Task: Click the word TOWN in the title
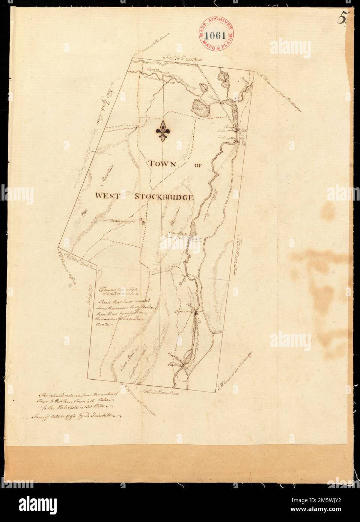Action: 163,163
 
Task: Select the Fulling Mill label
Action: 226,138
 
